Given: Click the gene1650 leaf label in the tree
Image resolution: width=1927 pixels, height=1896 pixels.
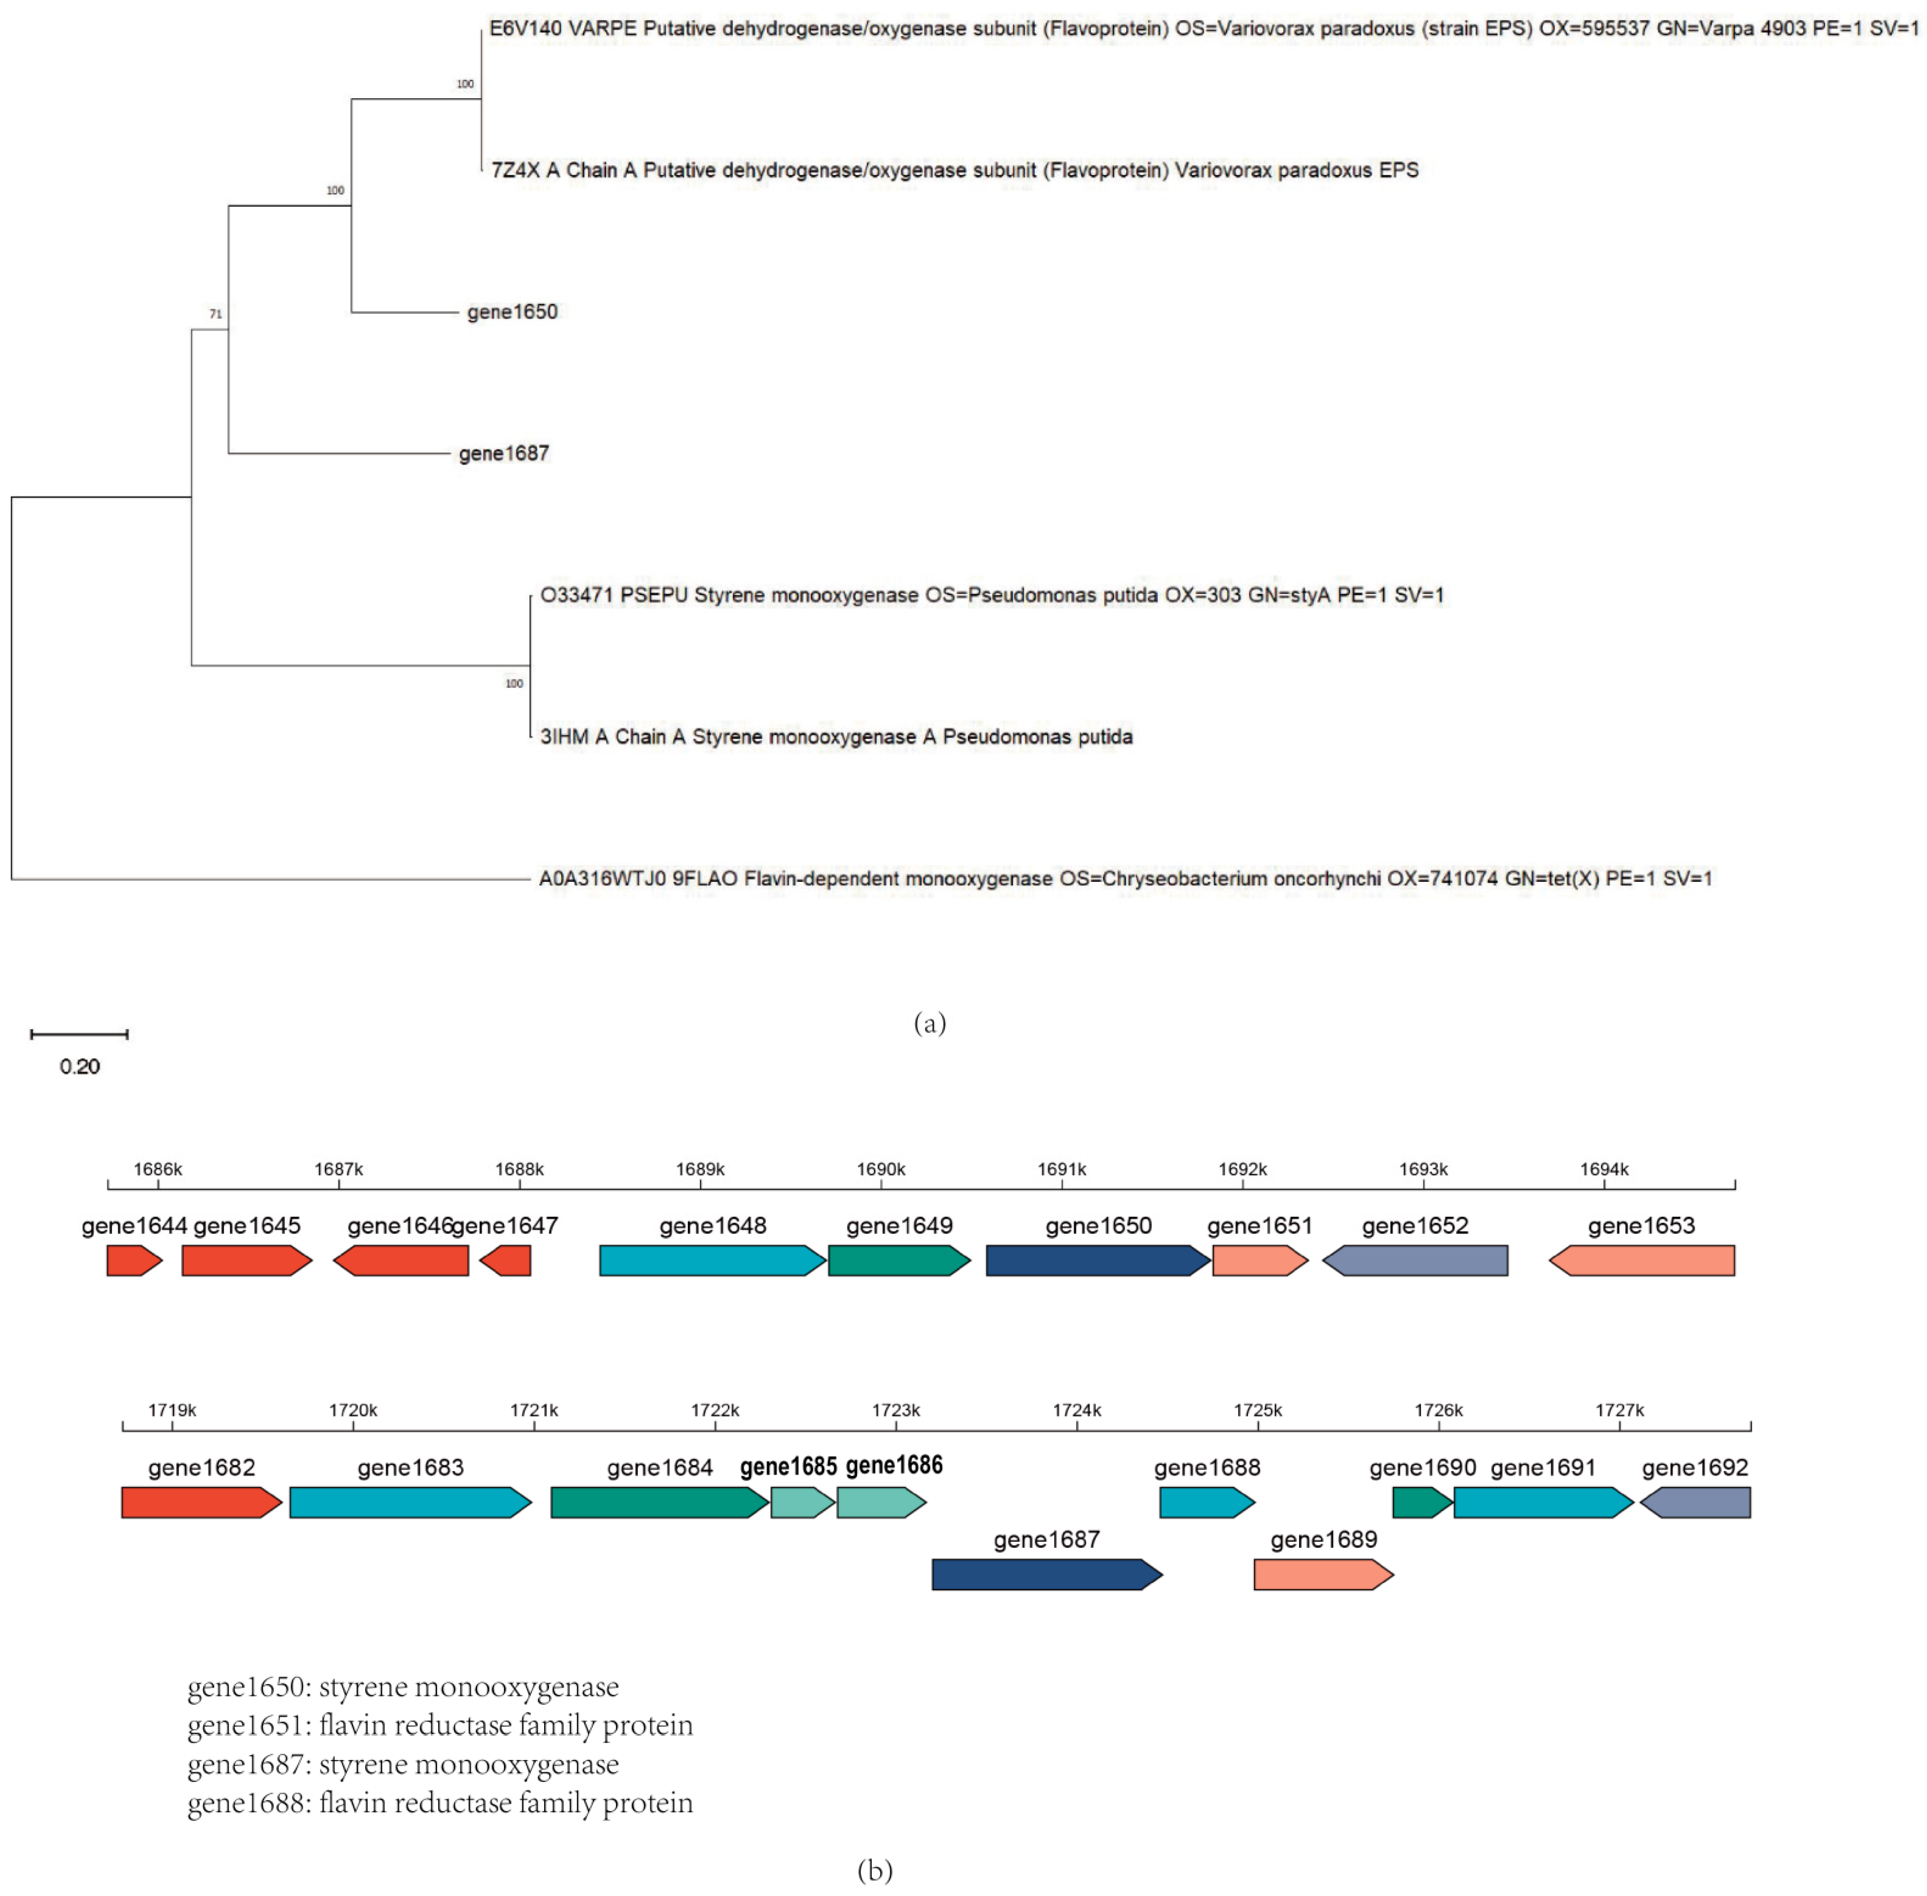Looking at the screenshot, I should (512, 312).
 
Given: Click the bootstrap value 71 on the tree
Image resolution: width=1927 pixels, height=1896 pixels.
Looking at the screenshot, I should (215, 314).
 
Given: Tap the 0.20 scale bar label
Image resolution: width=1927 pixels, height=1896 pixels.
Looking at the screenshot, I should (79, 1067).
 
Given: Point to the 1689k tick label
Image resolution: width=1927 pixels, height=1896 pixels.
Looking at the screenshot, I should (700, 1169).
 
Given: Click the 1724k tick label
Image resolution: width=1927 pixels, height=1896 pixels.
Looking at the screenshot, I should (1077, 1410).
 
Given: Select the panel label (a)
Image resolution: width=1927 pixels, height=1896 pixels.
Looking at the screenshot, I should (929, 1023).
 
